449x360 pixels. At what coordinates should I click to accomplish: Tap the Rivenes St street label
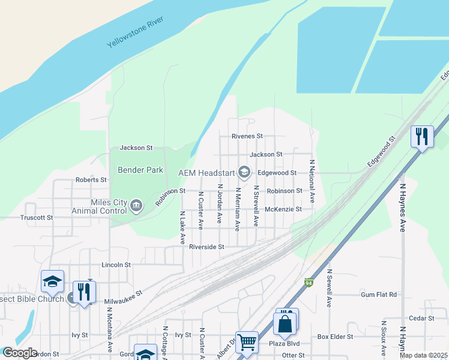pos(247,136)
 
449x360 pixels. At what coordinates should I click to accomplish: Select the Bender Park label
pos(140,170)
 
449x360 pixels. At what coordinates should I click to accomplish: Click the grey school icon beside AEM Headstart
pos(244,173)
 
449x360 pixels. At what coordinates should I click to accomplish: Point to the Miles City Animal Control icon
pos(136,206)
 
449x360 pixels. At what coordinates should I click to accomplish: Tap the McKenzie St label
pos(283,209)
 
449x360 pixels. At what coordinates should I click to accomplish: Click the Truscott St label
pos(37,218)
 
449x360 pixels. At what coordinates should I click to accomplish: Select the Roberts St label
pos(91,179)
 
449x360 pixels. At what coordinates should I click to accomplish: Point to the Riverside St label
pos(206,247)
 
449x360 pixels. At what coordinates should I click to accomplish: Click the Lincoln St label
pos(116,265)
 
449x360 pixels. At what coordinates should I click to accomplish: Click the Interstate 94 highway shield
pos(309,283)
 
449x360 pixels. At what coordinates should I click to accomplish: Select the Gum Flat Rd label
pos(379,295)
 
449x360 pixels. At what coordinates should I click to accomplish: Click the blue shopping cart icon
pos(247,343)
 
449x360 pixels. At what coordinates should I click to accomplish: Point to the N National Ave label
pos(312,181)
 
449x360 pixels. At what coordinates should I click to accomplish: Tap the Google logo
pos(20,353)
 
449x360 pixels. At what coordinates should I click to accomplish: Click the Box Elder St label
pos(336,337)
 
